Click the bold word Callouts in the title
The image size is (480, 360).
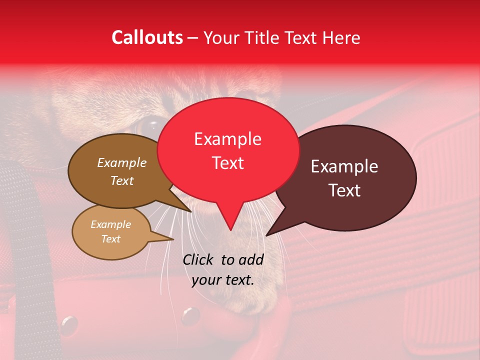(147, 37)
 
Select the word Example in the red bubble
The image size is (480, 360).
(227, 139)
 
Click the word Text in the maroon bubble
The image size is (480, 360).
(344, 190)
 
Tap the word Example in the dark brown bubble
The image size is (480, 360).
(121, 162)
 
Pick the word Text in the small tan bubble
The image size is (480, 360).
(110, 239)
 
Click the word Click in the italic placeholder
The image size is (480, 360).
(199, 259)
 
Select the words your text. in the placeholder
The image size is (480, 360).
(222, 280)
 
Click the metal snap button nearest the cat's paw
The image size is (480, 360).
(190, 315)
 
